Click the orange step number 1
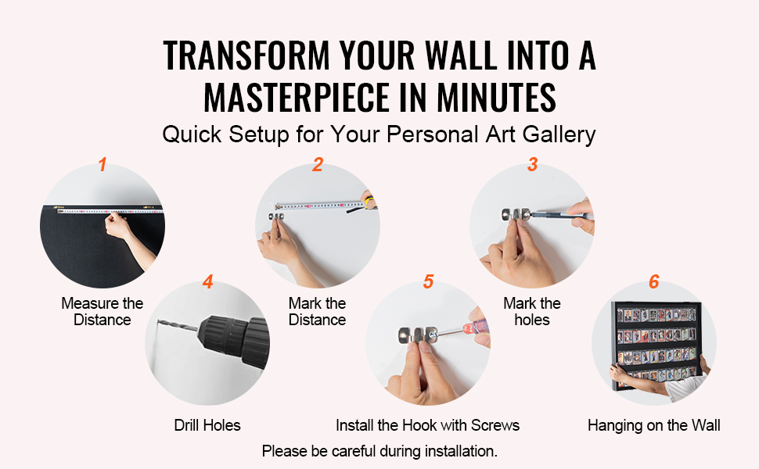[x=103, y=164]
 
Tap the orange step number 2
[x=318, y=164]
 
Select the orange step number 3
[x=532, y=164]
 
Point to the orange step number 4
[x=207, y=281]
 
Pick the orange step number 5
[x=428, y=281]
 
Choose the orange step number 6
[x=654, y=281]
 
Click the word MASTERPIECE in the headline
[x=297, y=98]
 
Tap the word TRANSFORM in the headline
[x=246, y=55]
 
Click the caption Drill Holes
[x=207, y=425]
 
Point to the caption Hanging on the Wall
[x=654, y=425]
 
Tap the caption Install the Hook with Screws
[x=427, y=425]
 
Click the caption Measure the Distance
[x=103, y=311]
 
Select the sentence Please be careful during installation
[x=379, y=451]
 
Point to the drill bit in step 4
[x=178, y=325]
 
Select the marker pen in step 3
[x=562, y=216]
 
